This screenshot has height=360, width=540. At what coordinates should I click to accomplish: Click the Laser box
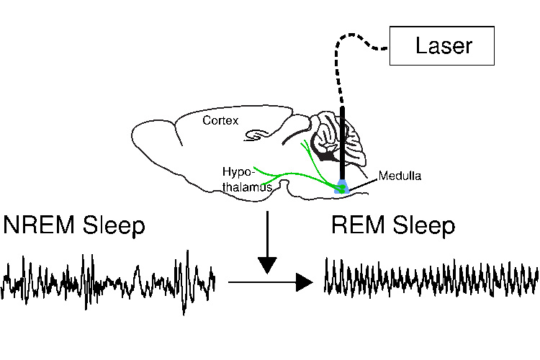coord(441,46)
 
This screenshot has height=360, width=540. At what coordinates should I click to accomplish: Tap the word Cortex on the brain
coord(220,120)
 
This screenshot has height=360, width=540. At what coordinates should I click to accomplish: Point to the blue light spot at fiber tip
coord(343,188)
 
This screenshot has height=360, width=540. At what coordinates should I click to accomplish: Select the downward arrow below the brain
coord(267,245)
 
